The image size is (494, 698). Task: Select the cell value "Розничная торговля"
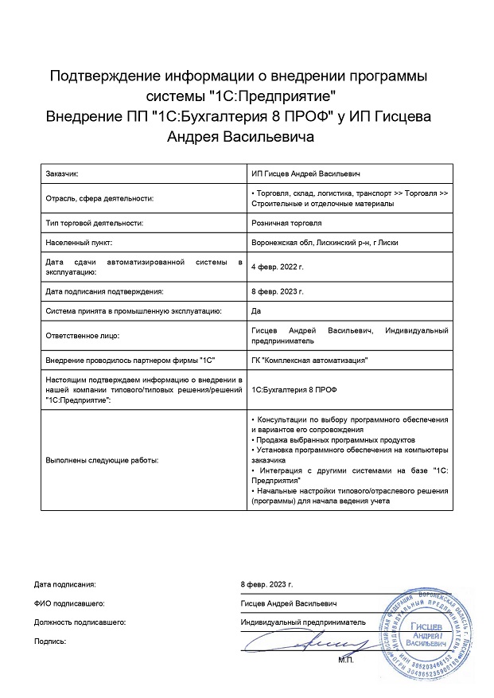[x=286, y=224]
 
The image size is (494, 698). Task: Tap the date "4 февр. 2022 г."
[x=277, y=267]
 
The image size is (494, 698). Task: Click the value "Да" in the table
[x=255, y=310]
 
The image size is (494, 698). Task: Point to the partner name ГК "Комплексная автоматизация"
[x=309, y=360]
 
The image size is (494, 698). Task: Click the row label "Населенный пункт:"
[x=80, y=243]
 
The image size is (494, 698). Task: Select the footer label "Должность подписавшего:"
[x=80, y=621]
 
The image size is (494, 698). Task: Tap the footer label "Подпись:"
[x=50, y=640]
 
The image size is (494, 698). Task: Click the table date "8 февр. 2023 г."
[x=277, y=291]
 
